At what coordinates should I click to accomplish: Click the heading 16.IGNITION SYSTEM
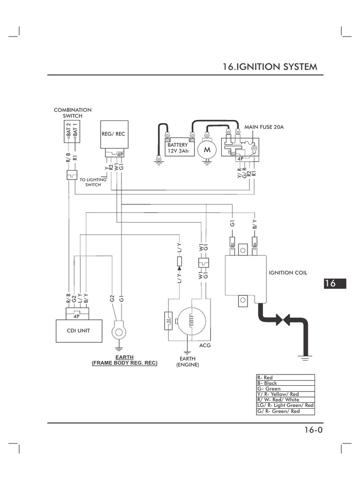click(x=270, y=67)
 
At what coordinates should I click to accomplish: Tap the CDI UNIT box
click(x=78, y=330)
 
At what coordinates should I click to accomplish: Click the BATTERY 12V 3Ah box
click(x=178, y=149)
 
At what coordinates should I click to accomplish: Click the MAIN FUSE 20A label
click(x=264, y=127)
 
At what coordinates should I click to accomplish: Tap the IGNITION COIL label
click(x=288, y=272)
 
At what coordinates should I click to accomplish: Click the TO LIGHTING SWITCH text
click(x=93, y=182)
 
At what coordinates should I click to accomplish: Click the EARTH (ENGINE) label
click(x=187, y=361)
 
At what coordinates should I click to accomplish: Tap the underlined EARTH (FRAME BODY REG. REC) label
click(x=125, y=360)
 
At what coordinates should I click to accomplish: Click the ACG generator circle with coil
click(x=190, y=321)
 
